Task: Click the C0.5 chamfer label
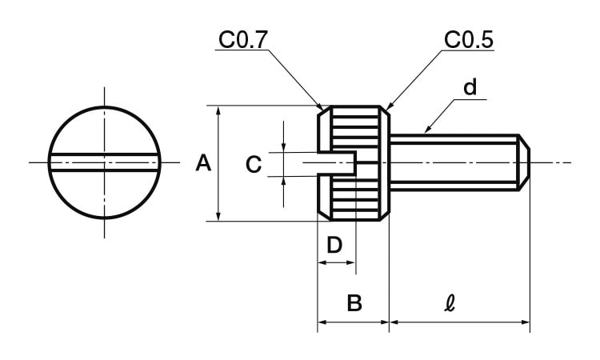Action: [x=468, y=39]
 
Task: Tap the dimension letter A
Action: [x=203, y=164]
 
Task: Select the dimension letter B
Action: [x=354, y=303]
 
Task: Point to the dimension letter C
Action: [x=253, y=165]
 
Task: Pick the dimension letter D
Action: [x=336, y=244]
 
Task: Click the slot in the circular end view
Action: [x=104, y=163]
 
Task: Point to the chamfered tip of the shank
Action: [x=525, y=163]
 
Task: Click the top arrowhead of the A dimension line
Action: [x=218, y=110]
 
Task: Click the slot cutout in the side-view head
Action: [x=337, y=163]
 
